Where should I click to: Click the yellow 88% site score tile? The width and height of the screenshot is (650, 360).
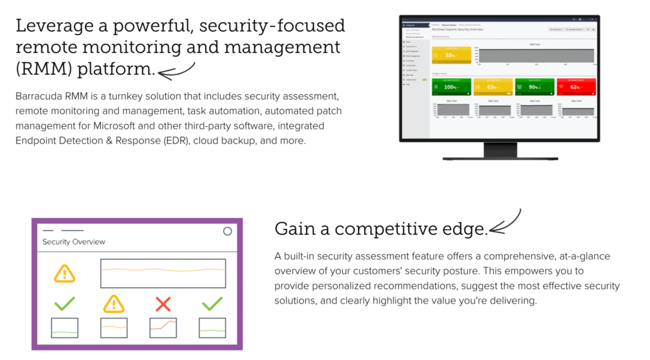tap(451, 55)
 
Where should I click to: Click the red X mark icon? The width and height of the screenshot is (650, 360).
tap(163, 304)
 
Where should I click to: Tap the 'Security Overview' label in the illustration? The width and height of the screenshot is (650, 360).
tap(74, 242)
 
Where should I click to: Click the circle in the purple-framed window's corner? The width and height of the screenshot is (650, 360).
tap(227, 231)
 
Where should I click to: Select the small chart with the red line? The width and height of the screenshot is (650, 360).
tap(163, 328)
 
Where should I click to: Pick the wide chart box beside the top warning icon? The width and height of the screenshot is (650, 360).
tap(163, 273)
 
